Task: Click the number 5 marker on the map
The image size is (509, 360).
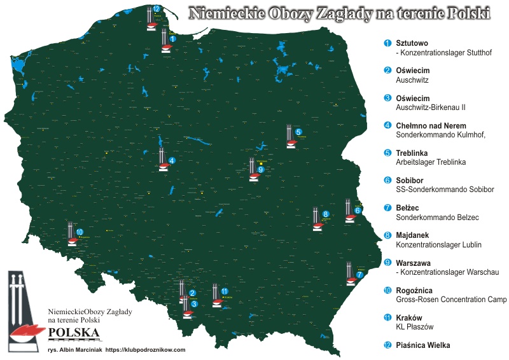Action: pyautogui.click(x=299, y=131)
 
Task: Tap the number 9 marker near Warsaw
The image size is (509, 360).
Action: pyautogui.click(x=261, y=170)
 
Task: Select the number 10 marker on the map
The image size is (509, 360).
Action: pyautogui.click(x=80, y=232)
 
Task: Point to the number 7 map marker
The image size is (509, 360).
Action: pyautogui.click(x=360, y=274)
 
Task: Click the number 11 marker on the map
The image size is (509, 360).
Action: pyautogui.click(x=225, y=291)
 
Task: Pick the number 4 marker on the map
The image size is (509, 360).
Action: pyautogui.click(x=172, y=160)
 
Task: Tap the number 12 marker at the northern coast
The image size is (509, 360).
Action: pyautogui.click(x=157, y=9)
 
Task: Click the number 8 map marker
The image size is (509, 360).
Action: pyautogui.click(x=326, y=214)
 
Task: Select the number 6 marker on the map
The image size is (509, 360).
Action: pyautogui.click(x=358, y=210)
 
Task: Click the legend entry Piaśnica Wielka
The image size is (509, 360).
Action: pyautogui.click(x=422, y=345)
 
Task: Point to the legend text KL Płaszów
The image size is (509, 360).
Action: pyautogui.click(x=414, y=326)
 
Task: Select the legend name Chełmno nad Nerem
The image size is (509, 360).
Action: pyautogui.click(x=431, y=126)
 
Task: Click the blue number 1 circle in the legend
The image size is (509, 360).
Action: pyautogui.click(x=387, y=43)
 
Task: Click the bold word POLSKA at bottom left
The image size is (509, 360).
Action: pyautogui.click(x=74, y=333)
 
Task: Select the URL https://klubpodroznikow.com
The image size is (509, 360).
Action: pyautogui.click(x=145, y=350)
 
